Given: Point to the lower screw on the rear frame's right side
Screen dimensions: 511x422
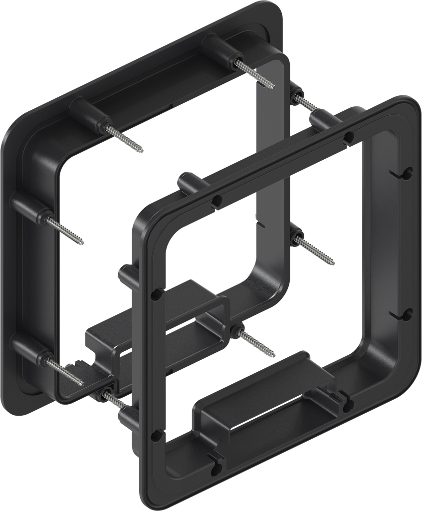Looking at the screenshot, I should click(x=314, y=250).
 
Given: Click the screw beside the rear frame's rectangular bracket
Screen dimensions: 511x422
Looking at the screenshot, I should click(x=257, y=342).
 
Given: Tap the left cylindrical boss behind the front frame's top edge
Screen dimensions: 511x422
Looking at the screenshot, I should click(x=189, y=182).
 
